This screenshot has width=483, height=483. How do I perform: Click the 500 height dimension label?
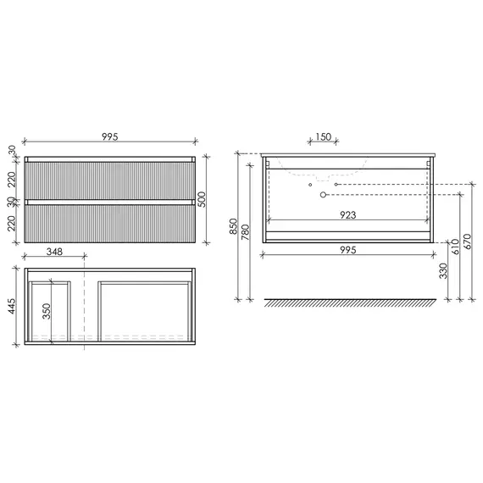point(202,199)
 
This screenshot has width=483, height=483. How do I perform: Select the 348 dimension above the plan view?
point(54,252)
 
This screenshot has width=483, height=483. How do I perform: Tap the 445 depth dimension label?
point(11,306)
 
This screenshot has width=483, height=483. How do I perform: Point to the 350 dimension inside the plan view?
point(47,311)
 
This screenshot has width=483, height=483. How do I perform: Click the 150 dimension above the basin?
point(323,136)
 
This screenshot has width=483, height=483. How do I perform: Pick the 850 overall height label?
point(234,226)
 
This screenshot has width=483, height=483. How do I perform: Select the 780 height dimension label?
point(245,232)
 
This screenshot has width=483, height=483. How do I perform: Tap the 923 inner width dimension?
point(348,214)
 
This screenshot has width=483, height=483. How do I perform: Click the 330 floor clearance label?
point(443,271)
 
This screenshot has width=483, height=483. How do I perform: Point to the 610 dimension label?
point(455,247)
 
